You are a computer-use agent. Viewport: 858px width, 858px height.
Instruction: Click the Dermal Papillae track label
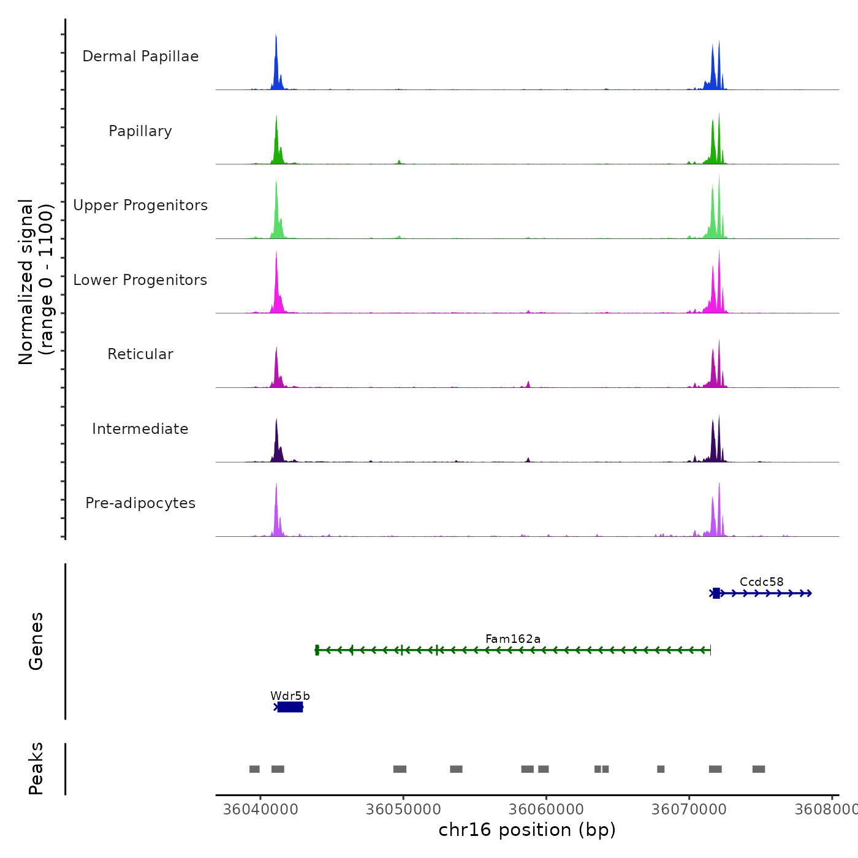[x=140, y=56]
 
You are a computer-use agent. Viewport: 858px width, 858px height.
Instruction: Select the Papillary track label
[x=140, y=131]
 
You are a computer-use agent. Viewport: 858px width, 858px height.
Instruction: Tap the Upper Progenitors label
[x=140, y=205]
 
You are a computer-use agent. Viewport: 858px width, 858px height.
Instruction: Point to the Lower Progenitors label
[x=140, y=280]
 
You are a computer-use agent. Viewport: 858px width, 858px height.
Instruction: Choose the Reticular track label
[x=140, y=354]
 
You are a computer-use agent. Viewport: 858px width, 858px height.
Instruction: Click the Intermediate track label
[x=140, y=429]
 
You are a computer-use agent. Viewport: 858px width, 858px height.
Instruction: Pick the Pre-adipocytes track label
[x=140, y=503]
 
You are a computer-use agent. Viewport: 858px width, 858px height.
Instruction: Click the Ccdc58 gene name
[x=761, y=582]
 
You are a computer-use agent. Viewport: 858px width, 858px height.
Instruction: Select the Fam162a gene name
[x=513, y=639]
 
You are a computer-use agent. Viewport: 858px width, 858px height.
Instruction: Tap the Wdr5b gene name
[x=290, y=696]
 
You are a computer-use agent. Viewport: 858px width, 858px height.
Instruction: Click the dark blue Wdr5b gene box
[x=290, y=707]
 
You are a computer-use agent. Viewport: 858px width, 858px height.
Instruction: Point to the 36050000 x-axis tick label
[x=403, y=809]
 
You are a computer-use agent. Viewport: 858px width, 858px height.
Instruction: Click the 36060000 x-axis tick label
[x=546, y=809]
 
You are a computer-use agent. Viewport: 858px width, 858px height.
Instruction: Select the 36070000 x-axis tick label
[x=689, y=809]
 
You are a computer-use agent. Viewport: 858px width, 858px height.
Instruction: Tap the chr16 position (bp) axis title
[x=527, y=830]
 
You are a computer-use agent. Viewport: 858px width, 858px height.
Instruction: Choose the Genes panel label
[x=36, y=641]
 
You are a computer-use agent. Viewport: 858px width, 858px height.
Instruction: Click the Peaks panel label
[x=36, y=769]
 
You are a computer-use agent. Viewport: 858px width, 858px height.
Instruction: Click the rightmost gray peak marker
[x=759, y=769]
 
